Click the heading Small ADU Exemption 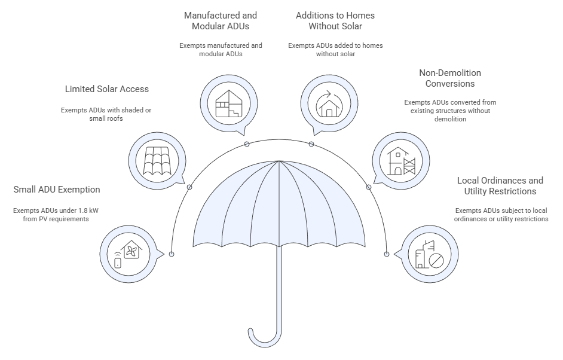click(x=56, y=190)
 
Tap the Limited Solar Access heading click(x=106, y=89)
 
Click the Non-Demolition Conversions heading click(x=450, y=78)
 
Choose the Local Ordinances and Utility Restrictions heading click(x=500, y=185)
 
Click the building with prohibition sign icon click(x=428, y=255)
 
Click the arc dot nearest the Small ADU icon click(x=172, y=254)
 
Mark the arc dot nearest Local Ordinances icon click(x=384, y=254)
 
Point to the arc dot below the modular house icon click(x=246, y=144)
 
